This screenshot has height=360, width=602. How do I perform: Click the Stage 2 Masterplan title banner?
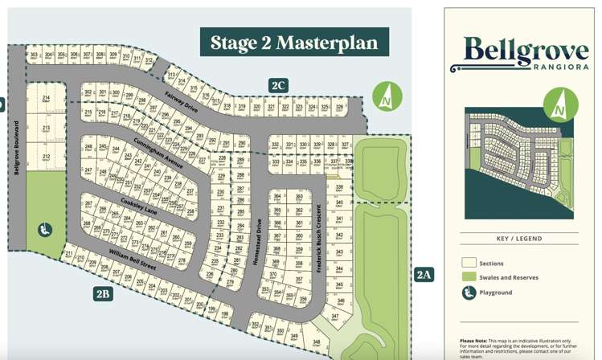click(x=294, y=43)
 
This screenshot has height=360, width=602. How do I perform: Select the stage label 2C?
click(x=279, y=85)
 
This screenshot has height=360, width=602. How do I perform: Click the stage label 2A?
click(x=424, y=275)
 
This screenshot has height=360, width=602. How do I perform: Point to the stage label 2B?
click(x=102, y=294)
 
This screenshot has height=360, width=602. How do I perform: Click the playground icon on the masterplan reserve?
click(x=45, y=230)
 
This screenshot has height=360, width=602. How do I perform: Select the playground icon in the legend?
click(x=469, y=292)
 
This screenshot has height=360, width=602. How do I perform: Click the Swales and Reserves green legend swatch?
click(x=469, y=277)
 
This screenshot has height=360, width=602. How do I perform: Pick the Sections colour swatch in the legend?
click(x=469, y=263)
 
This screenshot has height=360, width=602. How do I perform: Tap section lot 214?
click(x=47, y=99)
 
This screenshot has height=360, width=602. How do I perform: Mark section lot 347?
click(x=335, y=317)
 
